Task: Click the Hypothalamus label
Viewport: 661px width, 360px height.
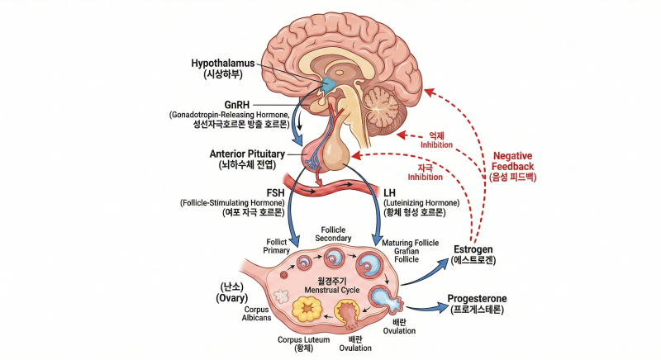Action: [222, 63]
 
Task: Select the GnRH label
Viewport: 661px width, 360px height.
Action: [236, 104]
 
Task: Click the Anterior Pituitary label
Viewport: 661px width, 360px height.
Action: [247, 154]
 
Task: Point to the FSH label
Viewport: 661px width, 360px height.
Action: [275, 193]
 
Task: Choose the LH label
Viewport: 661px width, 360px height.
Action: [389, 193]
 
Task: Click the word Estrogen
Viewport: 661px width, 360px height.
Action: [473, 249]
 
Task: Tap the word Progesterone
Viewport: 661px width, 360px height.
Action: [478, 299]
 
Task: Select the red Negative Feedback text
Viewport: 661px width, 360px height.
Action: [512, 161]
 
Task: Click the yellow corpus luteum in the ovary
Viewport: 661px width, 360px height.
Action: [307, 310]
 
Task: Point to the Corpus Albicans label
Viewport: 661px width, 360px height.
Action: [256, 314]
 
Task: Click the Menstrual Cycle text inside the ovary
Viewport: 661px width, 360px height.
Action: [332, 290]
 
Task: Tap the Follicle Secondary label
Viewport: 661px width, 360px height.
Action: [333, 234]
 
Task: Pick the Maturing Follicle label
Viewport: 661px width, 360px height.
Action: [410, 243]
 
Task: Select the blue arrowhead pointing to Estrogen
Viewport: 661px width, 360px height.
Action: [443, 263]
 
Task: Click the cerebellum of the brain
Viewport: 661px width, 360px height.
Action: [382, 104]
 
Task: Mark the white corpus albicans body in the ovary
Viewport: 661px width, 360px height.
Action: [282, 296]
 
